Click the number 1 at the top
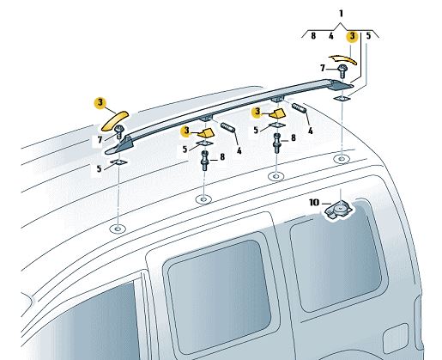tap(341, 14)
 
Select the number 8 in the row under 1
tap(313, 36)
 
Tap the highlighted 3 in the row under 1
tap(351, 36)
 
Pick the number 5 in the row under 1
tap(368, 36)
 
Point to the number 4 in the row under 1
tap(330, 36)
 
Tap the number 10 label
tap(315, 203)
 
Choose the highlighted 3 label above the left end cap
tap(100, 102)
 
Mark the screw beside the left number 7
tap(120, 131)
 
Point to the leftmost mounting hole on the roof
tap(118, 229)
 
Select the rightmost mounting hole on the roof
tap(342, 159)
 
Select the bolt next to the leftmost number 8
tap(206, 160)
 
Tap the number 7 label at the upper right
tap(323, 67)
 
